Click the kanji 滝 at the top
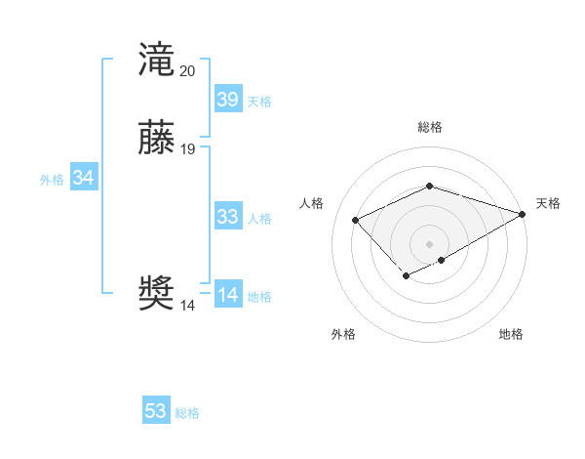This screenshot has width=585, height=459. pyautogui.click(x=156, y=60)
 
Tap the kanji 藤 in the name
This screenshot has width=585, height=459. pyautogui.click(x=156, y=138)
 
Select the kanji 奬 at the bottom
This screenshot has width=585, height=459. pyautogui.click(x=156, y=293)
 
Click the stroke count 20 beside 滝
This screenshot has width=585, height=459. pyautogui.click(x=187, y=71)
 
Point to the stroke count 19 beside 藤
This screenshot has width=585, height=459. pyautogui.click(x=187, y=149)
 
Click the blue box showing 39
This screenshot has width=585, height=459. pyautogui.click(x=228, y=100)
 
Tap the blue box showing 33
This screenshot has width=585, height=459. pyautogui.click(x=228, y=217)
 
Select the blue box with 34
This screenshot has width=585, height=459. pyautogui.click(x=84, y=178)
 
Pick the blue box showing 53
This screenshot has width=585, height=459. pyautogui.click(x=156, y=411)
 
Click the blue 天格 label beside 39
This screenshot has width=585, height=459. pyautogui.click(x=259, y=102)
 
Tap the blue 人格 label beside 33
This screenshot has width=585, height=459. pyautogui.click(x=259, y=219)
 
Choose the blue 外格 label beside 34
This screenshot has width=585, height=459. pyautogui.click(x=52, y=180)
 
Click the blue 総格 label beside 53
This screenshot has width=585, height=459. pyautogui.click(x=187, y=413)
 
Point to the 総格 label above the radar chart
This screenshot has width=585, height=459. pyautogui.click(x=430, y=127)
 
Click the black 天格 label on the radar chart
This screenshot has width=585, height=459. pyautogui.click(x=548, y=203)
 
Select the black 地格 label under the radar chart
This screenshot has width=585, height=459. pyautogui.click(x=511, y=334)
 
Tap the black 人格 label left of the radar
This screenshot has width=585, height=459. pyautogui.click(x=312, y=203)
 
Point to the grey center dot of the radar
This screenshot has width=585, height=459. pyautogui.click(x=430, y=244)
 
